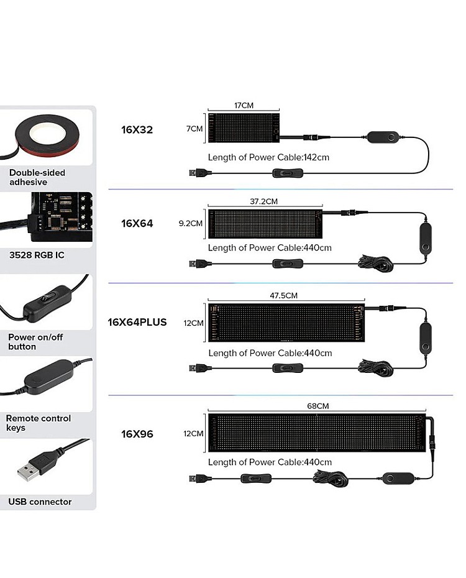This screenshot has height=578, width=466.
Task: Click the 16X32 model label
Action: click(137, 130)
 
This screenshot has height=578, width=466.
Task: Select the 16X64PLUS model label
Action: click(137, 322)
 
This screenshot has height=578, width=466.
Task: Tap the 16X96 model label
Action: click(137, 434)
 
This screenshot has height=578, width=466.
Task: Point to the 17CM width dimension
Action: click(244, 106)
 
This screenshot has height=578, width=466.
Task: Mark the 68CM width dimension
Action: click(318, 406)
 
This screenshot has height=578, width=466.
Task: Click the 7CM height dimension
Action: click(194, 129)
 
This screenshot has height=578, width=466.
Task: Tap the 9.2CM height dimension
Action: click(191, 222)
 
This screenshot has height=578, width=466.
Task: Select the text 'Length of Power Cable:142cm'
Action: click(268, 157)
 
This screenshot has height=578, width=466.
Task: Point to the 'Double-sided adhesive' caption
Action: click(37, 177)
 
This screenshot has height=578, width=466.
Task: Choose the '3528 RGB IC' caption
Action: click(37, 255)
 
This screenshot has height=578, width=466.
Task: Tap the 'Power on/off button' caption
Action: click(35, 342)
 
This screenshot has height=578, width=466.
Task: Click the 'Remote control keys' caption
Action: click(39, 423)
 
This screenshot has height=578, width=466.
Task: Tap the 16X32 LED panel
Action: click(244, 129)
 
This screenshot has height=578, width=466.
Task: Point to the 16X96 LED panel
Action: click(317, 433)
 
